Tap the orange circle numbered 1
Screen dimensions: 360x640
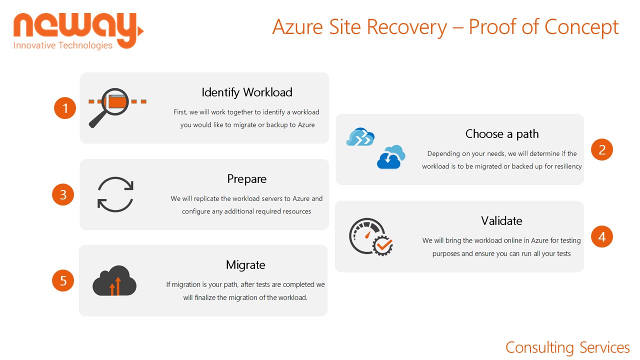point(65,108)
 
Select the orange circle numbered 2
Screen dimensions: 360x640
point(602,149)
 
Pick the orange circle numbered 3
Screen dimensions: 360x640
point(63,194)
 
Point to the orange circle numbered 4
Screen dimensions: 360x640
point(602,236)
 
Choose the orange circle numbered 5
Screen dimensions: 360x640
point(63,280)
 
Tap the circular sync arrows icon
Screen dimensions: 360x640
point(115,194)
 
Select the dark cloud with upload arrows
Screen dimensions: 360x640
point(114,280)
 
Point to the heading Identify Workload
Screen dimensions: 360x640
point(247,92)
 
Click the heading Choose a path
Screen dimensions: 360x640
point(502,134)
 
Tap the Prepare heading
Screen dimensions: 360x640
point(247,179)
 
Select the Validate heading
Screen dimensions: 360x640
point(501,220)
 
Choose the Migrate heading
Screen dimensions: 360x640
point(245,265)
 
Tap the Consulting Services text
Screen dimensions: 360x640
point(567,347)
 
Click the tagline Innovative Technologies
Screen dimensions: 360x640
point(63,45)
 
